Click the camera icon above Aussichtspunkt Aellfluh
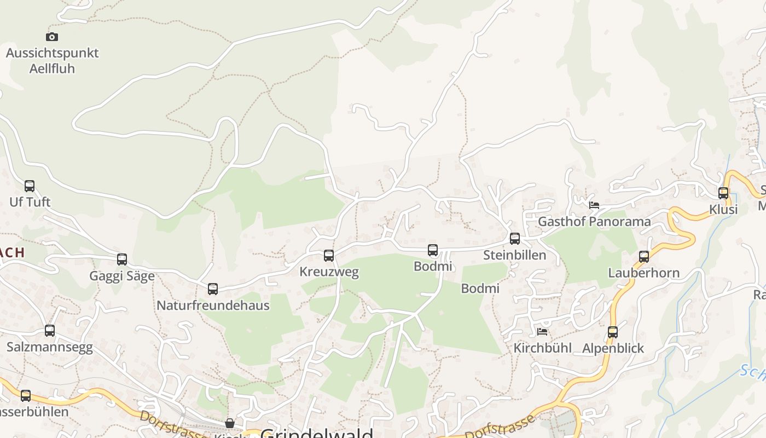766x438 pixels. tap(52, 37)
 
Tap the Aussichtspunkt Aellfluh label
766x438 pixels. tap(52, 61)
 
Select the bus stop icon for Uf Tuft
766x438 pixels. tap(30, 186)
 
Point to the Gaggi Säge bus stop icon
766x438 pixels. tap(122, 260)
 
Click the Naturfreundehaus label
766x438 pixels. tap(213, 306)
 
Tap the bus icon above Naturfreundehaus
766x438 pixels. tap(213, 289)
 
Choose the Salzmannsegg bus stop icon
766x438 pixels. tap(50, 331)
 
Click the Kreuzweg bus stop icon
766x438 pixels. tap(329, 256)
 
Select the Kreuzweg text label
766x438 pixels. tap(329, 272)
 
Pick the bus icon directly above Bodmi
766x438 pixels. tap(433, 250)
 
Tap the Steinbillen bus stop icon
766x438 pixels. tap(515, 239)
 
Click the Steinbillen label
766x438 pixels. tap(514, 255)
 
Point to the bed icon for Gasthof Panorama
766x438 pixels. tap(594, 205)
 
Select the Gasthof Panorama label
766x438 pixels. tap(594, 222)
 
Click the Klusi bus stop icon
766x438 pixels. tap(723, 193)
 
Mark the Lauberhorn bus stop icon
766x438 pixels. tap(644, 257)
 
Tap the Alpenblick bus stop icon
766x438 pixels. tap(613, 332)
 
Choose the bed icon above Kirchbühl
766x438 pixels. tap(542, 331)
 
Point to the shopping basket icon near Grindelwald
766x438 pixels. tap(230, 423)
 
